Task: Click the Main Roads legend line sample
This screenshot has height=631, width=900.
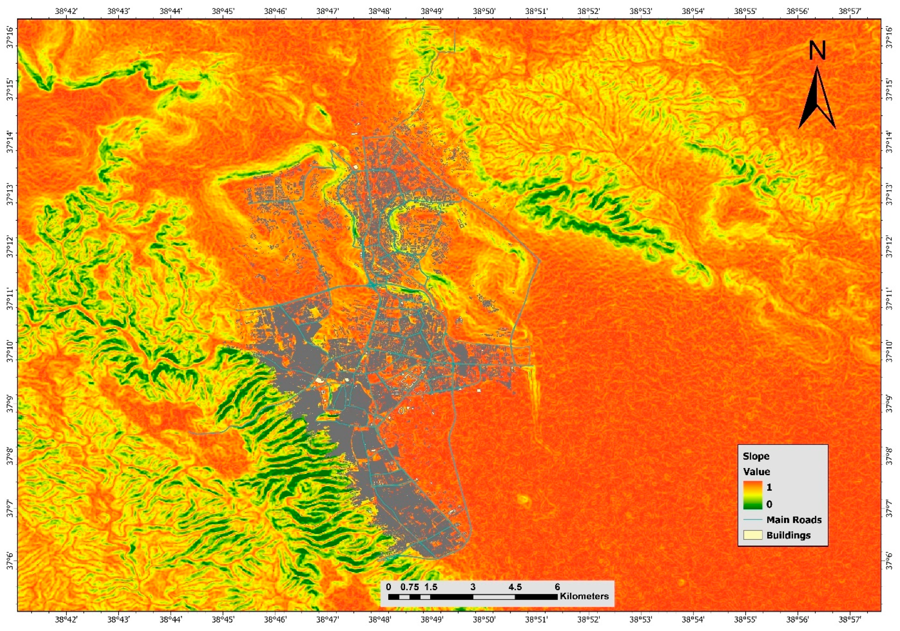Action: (752, 520)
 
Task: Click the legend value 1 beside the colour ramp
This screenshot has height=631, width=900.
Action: (769, 487)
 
